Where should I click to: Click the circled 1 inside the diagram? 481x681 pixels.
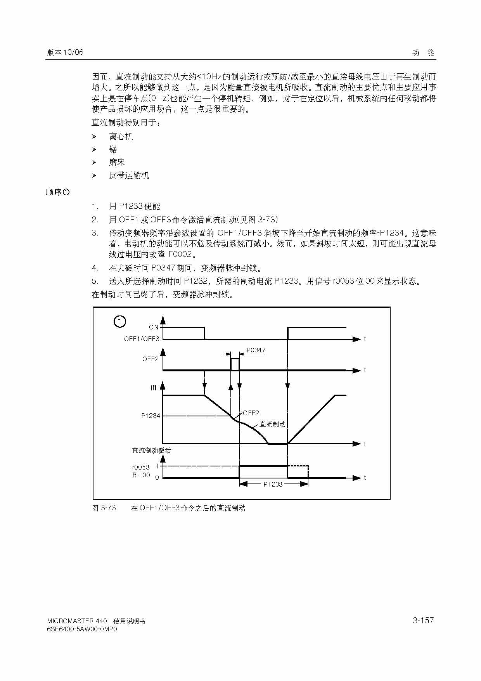119,321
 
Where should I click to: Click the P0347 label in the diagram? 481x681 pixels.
256,350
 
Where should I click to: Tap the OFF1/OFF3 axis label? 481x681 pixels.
142,339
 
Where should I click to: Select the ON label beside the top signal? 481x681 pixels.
154,327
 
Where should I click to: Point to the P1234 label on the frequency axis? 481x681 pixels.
151,416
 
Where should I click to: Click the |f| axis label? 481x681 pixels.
153,388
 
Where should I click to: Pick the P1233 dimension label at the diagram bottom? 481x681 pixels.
273,484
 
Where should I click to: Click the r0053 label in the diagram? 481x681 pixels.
141,467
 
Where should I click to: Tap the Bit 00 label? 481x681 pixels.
141,475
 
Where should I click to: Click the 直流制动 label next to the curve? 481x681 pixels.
272,424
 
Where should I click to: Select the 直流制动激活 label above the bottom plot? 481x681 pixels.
151,451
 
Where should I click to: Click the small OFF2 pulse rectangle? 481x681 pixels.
235,364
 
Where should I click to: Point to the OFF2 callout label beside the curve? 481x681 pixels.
251,413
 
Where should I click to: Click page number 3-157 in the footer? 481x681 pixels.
423,620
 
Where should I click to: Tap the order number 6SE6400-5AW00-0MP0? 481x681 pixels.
82,629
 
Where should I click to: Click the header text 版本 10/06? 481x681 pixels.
65,52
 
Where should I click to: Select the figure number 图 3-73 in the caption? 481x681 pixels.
104,508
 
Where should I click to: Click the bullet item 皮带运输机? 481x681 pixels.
129,175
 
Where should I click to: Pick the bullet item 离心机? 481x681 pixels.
121,137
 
